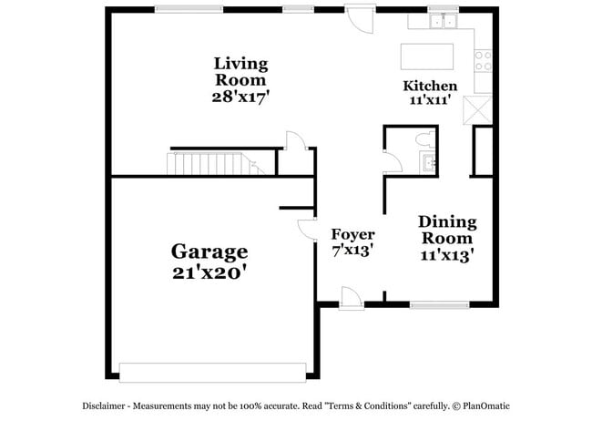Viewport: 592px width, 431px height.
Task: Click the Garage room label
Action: pos(209,251)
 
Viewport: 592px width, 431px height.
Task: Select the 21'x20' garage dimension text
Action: pos(209,272)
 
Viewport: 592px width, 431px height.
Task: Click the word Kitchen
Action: pos(430,87)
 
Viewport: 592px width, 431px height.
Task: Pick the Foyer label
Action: pos(352,233)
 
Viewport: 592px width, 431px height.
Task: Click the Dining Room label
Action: pos(446,230)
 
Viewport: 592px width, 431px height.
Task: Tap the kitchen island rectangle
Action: pos(429,56)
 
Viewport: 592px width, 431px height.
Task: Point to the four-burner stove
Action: pos(483,60)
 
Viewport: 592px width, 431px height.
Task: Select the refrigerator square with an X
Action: pos(477,111)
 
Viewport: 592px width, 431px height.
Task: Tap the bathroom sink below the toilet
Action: pos(429,163)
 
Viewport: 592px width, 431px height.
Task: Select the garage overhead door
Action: pos(212,372)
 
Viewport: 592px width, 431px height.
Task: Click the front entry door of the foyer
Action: pos(350,296)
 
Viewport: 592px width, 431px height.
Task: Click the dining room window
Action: pos(435,302)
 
